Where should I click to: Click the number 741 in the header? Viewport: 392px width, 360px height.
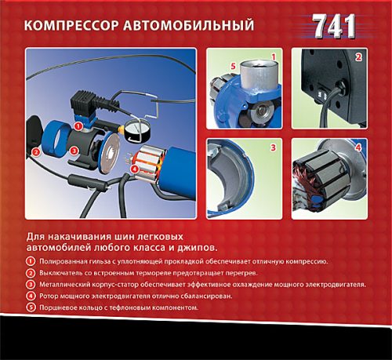tap(334, 26)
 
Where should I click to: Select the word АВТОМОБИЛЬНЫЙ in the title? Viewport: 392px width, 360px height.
tap(188, 25)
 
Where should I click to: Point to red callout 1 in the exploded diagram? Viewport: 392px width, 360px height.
tap(78, 126)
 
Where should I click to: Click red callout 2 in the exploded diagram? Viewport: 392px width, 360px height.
tap(36, 151)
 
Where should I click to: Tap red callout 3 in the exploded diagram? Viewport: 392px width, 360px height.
tap(74, 151)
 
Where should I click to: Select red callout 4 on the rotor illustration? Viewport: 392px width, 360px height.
tap(134, 169)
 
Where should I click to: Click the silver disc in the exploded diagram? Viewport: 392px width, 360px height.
tap(110, 153)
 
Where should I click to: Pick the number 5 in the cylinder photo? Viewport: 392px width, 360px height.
tap(233, 66)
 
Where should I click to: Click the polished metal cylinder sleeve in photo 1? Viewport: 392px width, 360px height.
tap(257, 75)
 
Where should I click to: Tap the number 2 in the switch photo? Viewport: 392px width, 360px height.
tap(358, 57)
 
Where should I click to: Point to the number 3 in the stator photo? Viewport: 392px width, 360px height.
tap(273, 147)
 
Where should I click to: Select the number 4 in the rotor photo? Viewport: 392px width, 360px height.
tap(358, 147)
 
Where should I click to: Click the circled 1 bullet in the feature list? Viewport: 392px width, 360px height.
tap(31, 261)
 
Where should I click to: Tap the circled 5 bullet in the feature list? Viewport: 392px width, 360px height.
tap(31, 307)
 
